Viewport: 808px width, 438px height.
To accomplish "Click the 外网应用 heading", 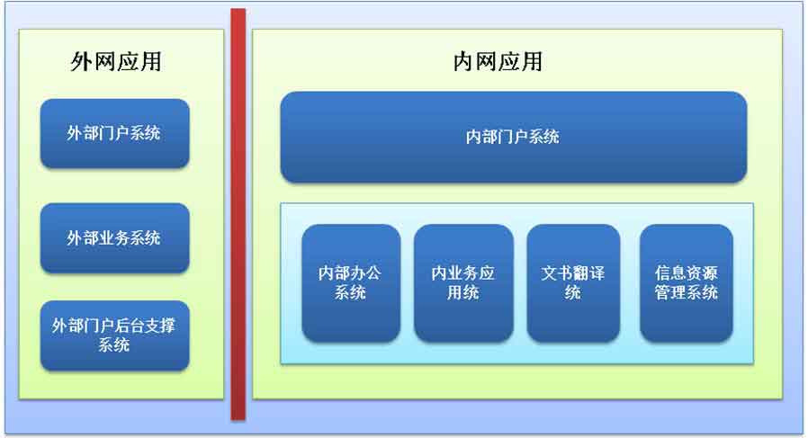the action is click(116, 62).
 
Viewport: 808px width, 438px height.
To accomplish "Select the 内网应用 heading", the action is click(498, 62).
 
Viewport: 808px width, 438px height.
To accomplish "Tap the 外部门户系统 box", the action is click(115, 133).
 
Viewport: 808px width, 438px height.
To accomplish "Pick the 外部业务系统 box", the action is click(115, 238).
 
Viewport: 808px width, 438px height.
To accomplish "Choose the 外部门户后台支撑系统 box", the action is click(115, 335).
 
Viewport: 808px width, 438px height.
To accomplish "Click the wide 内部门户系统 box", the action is click(514, 137).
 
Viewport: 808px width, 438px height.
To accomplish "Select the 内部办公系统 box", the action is click(351, 283).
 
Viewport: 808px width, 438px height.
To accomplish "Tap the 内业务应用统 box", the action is click(463, 283).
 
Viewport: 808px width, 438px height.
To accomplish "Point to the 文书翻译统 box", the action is click(573, 283).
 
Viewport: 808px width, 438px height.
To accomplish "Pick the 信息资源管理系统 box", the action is click(687, 283).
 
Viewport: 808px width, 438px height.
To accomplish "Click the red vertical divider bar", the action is click(238, 214).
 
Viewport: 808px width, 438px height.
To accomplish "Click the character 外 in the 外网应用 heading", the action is click(81, 62).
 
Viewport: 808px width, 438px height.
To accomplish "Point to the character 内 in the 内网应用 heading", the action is click(463, 62).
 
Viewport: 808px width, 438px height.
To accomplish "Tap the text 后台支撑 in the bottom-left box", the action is click(145, 326).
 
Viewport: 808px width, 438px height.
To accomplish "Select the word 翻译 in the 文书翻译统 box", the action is click(589, 273).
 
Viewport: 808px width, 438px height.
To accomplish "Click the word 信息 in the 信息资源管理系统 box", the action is click(670, 273).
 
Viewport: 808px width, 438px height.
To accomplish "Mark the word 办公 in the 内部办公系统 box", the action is click(366, 273).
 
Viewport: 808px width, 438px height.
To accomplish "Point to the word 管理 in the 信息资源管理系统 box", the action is click(670, 292).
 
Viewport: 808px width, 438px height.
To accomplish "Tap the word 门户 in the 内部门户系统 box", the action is click(513, 137).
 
